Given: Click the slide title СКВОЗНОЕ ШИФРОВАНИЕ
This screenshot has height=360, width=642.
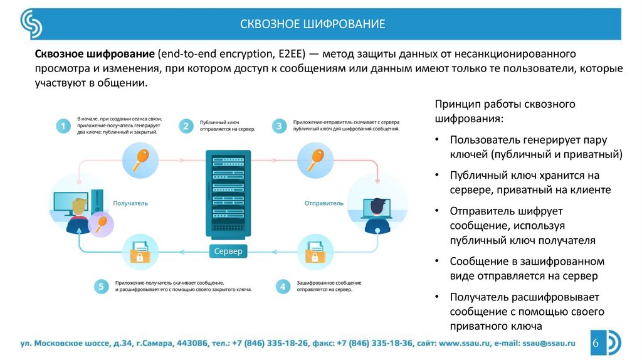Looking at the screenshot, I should pyautogui.click(x=312, y=24).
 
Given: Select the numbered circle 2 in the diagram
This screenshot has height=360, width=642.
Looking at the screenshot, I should pyautogui.click(x=186, y=126).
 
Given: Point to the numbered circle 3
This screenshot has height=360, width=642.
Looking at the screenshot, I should pyautogui.click(x=278, y=126).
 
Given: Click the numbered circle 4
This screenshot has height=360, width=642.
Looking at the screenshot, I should pyautogui.click(x=283, y=287).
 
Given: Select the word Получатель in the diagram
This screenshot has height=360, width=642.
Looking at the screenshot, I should pyautogui.click(x=130, y=203).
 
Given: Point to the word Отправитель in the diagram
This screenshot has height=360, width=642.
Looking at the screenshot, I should pyautogui.click(x=324, y=203).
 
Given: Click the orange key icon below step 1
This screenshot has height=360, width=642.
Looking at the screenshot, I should pyautogui.click(x=139, y=157).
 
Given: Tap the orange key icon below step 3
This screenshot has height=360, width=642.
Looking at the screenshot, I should pyautogui.click(x=313, y=157).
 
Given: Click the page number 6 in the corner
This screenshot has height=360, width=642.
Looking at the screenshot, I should pyautogui.click(x=596, y=343).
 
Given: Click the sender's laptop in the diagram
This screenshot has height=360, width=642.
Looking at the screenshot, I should pyautogui.click(x=377, y=208).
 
